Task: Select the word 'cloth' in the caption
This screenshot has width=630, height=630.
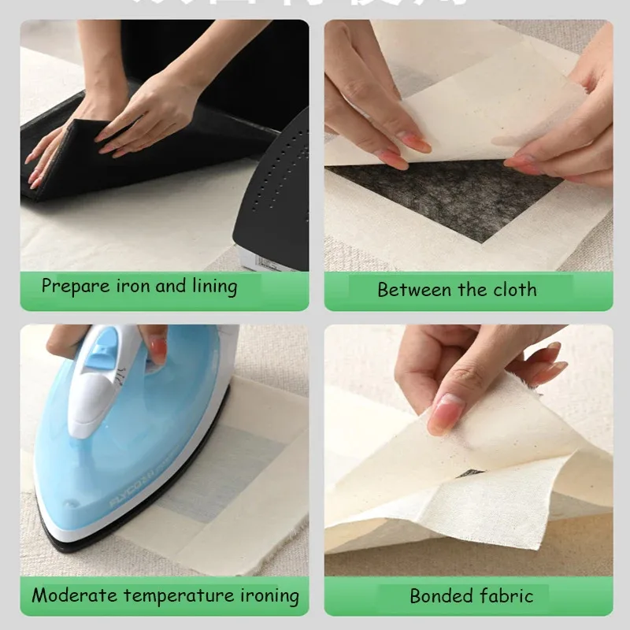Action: (x=515, y=290)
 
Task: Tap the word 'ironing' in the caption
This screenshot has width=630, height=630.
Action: (x=269, y=596)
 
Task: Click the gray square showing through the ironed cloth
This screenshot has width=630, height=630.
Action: (x=236, y=465)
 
